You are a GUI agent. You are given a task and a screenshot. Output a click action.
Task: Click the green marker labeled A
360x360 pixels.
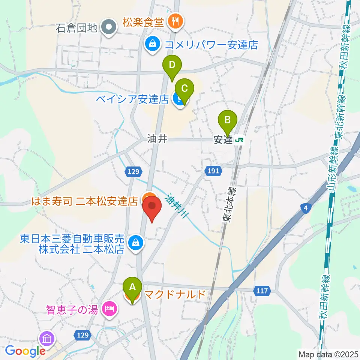pyautogui.click(x=132, y=287)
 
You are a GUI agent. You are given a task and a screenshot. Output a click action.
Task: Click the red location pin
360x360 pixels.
pyautogui.click(x=152, y=208)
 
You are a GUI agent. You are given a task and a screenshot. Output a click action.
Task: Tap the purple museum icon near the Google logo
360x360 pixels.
pyautogui.click(x=47, y=339)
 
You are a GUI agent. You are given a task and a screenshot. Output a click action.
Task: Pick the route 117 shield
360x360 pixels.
pyautogui.click(x=263, y=290)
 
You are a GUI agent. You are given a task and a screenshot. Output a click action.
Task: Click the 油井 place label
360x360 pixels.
pyautogui.click(x=157, y=139)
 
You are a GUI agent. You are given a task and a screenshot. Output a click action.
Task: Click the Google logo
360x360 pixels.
pyautogui.click(x=25, y=351)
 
